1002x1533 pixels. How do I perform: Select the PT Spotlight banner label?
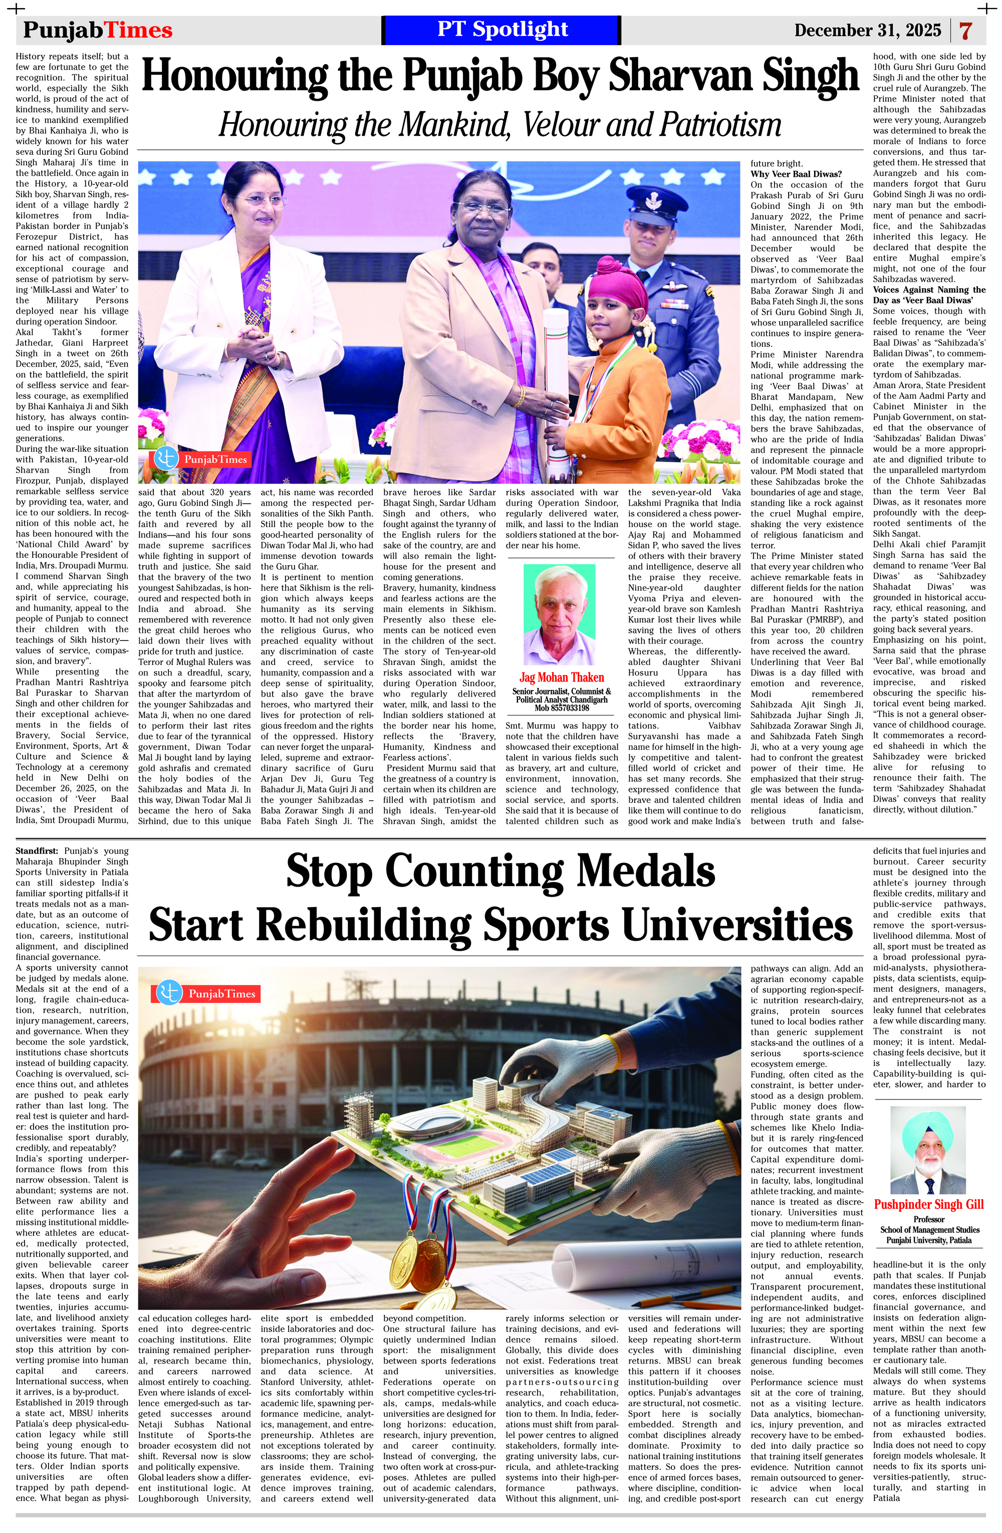click(x=503, y=30)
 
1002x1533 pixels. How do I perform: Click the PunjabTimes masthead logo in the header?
click(x=98, y=30)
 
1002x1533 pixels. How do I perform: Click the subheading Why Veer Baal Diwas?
click(x=796, y=174)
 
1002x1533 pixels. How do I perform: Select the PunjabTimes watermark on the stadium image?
click(x=206, y=993)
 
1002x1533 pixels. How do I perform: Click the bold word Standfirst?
click(x=37, y=851)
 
